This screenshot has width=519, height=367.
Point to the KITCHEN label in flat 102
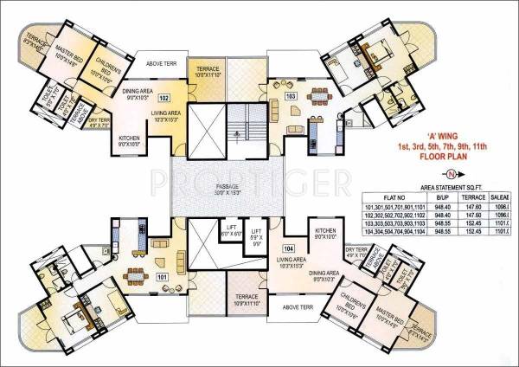click(x=130, y=140)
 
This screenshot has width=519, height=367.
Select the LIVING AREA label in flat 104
click(x=287, y=261)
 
